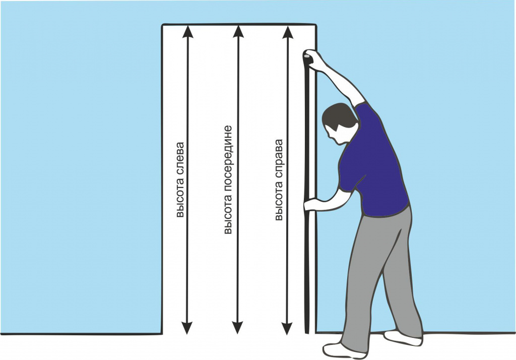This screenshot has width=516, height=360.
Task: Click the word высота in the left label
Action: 180,198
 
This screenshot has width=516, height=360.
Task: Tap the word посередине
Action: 228,159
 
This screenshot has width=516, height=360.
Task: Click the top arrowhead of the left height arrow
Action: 187,32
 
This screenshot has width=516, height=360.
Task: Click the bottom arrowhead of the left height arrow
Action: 187,328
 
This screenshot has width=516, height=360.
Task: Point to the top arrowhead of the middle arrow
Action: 238,32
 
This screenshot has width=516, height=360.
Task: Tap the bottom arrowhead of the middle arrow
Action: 237,328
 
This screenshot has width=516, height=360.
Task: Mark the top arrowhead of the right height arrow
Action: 288,32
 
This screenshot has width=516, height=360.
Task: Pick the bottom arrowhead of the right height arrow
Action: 287,328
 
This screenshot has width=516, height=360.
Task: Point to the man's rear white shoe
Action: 403,338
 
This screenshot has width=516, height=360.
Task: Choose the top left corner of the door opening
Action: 162,25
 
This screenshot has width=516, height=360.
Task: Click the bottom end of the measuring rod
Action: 307,333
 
